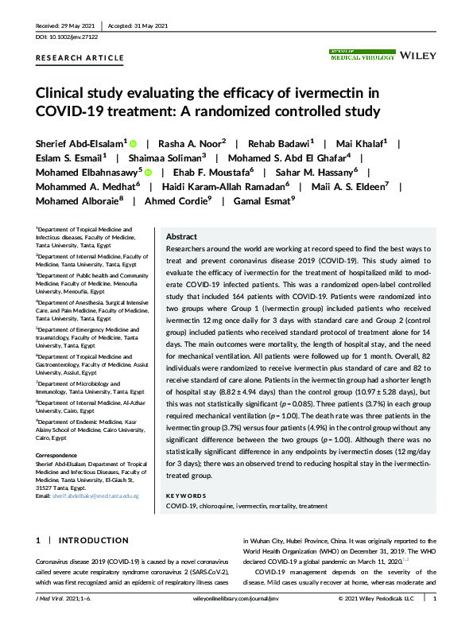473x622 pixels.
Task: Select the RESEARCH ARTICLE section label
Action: [79, 58]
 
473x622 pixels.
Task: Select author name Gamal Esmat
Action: [263, 200]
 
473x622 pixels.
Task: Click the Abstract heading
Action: [181, 237]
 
